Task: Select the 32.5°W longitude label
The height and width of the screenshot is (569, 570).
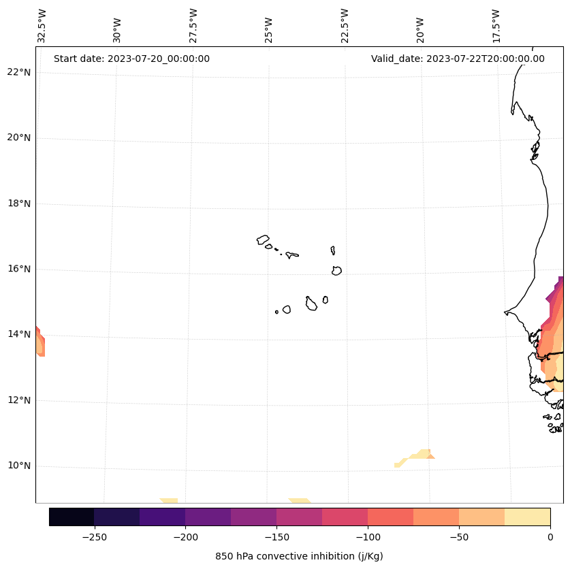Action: point(42,26)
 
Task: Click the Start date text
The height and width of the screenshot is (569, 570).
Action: point(131,59)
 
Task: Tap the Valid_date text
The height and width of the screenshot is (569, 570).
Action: point(458,59)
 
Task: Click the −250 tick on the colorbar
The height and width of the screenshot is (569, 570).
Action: point(94,537)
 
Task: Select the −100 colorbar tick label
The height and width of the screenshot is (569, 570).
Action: point(368,537)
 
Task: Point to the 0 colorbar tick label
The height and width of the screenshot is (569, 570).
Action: point(550,537)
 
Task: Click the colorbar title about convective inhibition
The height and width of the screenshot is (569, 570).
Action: point(299,556)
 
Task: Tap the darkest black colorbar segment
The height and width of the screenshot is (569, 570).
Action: point(72,517)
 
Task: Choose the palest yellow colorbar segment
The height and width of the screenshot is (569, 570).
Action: point(527,517)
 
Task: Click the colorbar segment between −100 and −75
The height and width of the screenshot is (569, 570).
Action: point(390,517)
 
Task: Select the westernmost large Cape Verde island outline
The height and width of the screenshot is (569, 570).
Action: point(263,240)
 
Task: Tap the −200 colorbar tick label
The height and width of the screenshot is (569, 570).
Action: point(185,537)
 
